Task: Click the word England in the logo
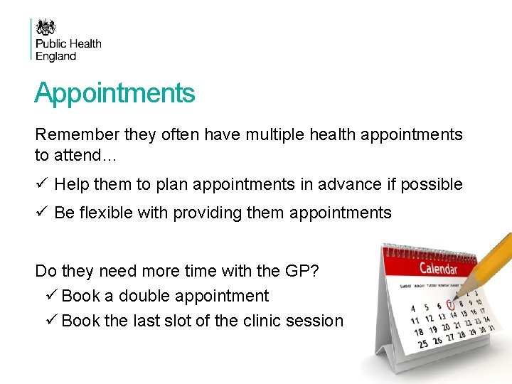pos(56,56)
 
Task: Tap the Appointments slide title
pos(114,93)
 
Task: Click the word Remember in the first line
pos(70,134)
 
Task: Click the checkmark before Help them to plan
pos(41,185)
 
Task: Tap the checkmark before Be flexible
pos(41,213)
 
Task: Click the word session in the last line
pos(315,321)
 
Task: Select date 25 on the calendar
pos(424,344)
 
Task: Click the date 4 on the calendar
pos(414,309)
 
